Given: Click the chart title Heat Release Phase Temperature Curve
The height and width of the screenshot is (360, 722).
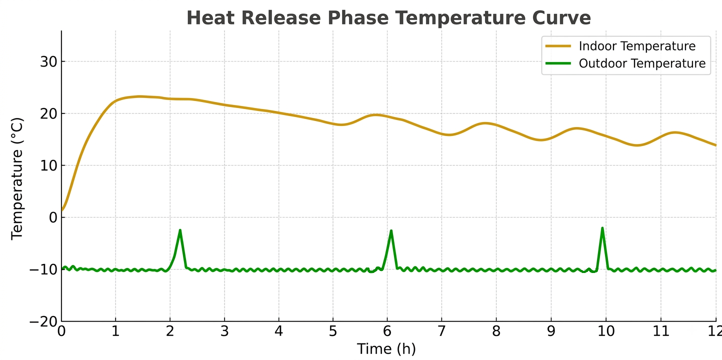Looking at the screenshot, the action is [x=388, y=17].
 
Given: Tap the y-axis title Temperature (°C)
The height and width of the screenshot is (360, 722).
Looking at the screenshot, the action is [x=17, y=179].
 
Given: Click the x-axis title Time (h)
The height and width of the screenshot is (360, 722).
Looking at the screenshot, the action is [x=386, y=349].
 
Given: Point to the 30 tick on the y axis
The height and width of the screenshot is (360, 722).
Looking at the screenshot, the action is [x=48, y=61].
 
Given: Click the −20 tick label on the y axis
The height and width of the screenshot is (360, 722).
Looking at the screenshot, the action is [x=43, y=321].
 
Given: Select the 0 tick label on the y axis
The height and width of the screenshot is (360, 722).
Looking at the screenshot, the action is [x=53, y=217].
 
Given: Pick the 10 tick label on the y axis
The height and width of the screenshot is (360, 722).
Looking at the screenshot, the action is [x=48, y=165].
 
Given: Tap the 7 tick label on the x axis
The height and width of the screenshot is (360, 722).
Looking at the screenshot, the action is [x=441, y=331].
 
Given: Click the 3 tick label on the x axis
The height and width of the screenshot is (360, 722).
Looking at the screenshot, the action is [x=224, y=331].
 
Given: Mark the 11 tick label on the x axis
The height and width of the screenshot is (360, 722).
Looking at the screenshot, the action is [x=661, y=331].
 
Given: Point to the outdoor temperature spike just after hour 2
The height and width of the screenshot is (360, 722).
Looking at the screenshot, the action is [x=180, y=230].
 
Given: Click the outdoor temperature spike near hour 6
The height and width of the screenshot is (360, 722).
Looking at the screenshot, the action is [x=391, y=231].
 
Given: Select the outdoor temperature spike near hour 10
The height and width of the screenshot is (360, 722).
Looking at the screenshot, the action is [x=602, y=228].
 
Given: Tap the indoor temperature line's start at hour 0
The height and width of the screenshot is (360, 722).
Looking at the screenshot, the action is [x=62, y=210].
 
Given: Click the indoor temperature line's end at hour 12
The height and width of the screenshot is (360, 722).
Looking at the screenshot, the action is [x=715, y=145].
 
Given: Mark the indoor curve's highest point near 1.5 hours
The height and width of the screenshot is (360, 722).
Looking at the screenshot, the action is [x=139, y=96].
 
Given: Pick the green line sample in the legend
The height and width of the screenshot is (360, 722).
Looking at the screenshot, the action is [x=558, y=63].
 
